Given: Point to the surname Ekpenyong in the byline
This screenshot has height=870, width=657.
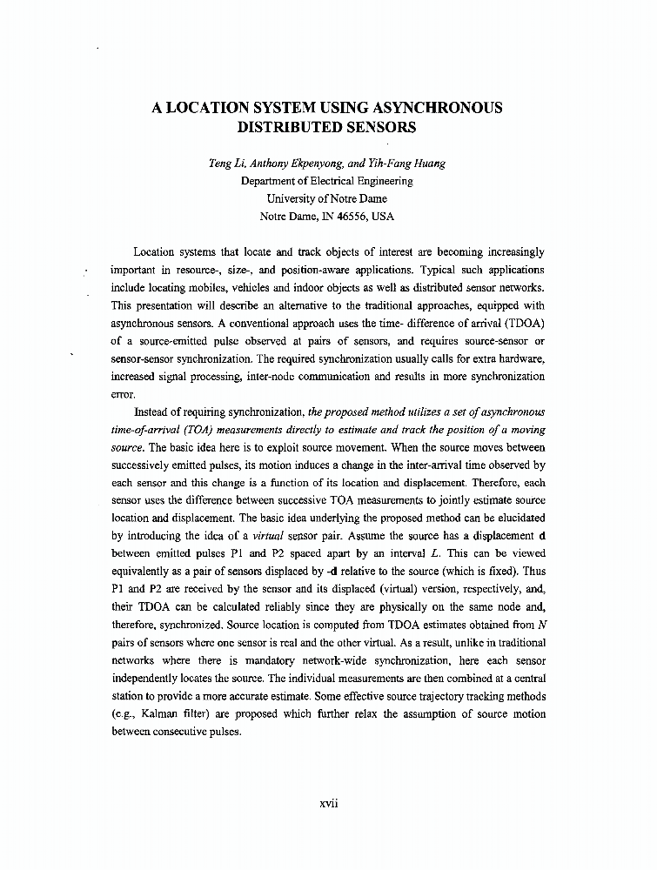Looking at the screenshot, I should (x=319, y=164).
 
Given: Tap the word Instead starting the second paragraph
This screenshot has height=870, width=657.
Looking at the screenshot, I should (x=157, y=412).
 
